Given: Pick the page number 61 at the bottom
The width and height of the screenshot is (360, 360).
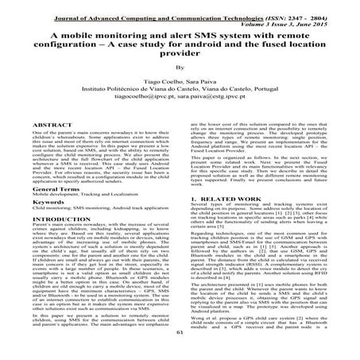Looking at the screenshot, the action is (180, 355).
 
